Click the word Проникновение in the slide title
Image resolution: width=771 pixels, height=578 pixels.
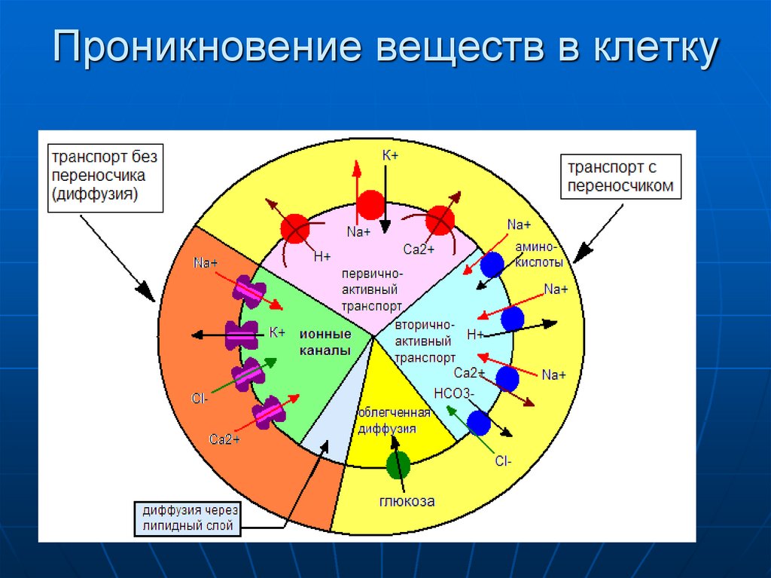click(x=211, y=50)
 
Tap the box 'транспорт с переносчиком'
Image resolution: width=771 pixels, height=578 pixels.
click(x=620, y=176)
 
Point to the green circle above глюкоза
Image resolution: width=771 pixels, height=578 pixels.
click(x=398, y=465)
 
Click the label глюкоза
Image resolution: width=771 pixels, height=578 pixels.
click(x=407, y=500)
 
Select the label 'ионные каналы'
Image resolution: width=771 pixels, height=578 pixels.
click(x=325, y=342)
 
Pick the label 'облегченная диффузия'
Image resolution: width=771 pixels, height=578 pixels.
click(x=394, y=421)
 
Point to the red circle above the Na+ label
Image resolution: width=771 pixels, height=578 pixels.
click(x=370, y=204)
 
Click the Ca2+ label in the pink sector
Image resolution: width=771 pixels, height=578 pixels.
click(x=419, y=249)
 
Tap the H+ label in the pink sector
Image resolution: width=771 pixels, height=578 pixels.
click(x=322, y=256)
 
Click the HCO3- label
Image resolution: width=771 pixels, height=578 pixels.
click(x=453, y=393)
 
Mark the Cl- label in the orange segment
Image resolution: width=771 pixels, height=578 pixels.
click(x=200, y=399)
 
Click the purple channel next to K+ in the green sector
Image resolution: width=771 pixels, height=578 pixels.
click(x=242, y=335)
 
